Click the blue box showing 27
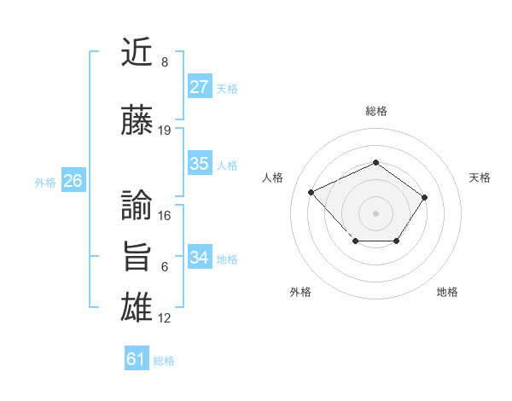(200, 87)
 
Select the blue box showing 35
(200, 165)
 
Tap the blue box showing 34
(200, 258)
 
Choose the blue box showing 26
(73, 181)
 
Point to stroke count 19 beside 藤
(165, 131)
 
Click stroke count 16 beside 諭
(165, 216)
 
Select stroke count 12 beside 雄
(165, 318)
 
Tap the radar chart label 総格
(376, 111)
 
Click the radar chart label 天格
(480, 177)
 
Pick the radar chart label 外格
(300, 292)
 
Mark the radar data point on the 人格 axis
(311, 192)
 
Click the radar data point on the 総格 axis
(376, 162)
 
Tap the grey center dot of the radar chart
(376, 212)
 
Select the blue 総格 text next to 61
(164, 361)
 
